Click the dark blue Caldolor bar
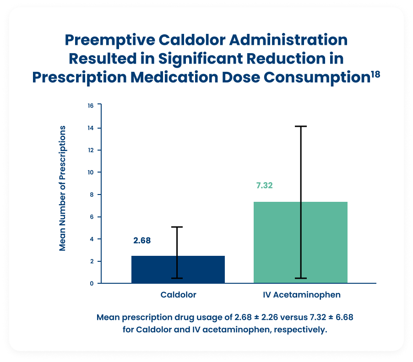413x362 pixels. click(x=178, y=270)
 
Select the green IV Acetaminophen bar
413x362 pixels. click(x=300, y=243)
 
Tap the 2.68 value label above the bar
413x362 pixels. click(x=142, y=240)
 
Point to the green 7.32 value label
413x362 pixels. click(x=264, y=186)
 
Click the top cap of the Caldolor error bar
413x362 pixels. click(x=177, y=227)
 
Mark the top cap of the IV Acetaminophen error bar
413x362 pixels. click(x=300, y=126)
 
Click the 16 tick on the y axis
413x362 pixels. click(x=91, y=106)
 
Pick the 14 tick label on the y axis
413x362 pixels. click(x=91, y=128)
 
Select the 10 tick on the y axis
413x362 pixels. click(x=91, y=173)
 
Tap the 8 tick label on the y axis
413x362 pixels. click(x=92, y=195)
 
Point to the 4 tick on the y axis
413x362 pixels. click(x=92, y=239)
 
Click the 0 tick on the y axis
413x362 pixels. click(x=92, y=283)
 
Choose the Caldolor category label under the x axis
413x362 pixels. click(x=178, y=295)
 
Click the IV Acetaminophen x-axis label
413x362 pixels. click(x=302, y=295)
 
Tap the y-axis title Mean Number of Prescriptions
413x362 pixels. click(x=63, y=188)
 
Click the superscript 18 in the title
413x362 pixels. click(x=375, y=74)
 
